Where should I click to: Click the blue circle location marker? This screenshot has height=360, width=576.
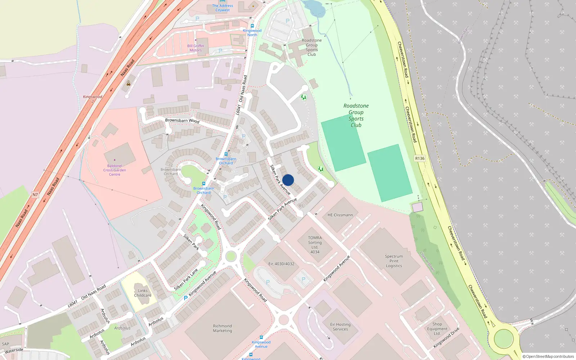click(288, 180)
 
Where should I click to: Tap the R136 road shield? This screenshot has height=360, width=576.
click(420, 158)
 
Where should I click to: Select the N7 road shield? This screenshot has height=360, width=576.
click(35, 195)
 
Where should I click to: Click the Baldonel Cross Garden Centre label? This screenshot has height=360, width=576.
click(114, 170)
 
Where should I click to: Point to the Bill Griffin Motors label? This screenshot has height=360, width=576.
click(195, 48)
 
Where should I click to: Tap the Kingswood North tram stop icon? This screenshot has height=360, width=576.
click(252, 26)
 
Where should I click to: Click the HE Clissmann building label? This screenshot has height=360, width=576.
click(340, 215)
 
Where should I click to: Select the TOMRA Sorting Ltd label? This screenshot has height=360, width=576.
click(315, 245)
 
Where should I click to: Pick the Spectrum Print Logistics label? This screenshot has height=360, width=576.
click(394, 261)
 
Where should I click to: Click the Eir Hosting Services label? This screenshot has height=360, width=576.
click(340, 327)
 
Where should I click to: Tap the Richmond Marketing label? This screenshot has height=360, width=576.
click(222, 328)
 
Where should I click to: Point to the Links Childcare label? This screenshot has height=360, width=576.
click(143, 293)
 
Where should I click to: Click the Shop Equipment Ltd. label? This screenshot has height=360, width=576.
click(437, 329)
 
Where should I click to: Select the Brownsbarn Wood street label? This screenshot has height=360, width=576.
click(182, 121)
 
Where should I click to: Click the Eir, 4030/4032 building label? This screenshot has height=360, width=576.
click(281, 264)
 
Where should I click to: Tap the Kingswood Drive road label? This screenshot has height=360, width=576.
click(446, 337)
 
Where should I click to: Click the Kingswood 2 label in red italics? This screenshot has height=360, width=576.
click(93, 99)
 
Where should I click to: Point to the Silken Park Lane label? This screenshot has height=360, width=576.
click(186, 279)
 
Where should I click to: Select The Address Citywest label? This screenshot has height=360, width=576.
click(222, 8)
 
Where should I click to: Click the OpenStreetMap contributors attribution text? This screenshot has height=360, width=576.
click(548, 356)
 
